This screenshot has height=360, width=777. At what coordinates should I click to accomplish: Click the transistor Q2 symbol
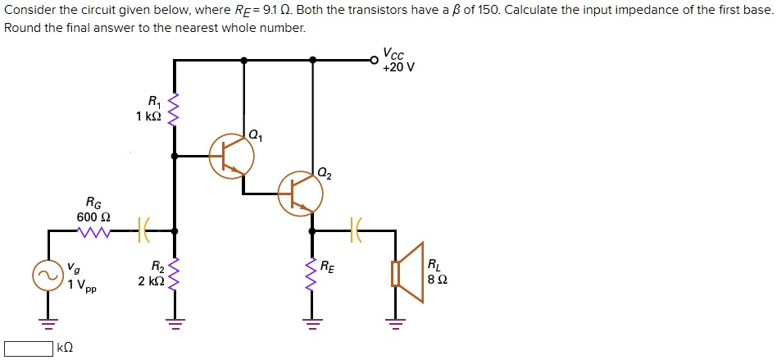point(300,194)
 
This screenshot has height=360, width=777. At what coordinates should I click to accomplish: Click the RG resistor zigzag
point(93,231)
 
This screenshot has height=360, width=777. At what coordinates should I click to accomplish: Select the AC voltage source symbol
point(47,274)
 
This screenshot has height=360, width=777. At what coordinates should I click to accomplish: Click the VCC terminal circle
point(375,59)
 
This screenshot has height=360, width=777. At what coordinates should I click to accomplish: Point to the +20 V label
point(398,67)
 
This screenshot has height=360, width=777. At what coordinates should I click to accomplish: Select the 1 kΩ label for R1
point(148,116)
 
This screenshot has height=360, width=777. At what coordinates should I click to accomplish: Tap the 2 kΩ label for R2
point(152,280)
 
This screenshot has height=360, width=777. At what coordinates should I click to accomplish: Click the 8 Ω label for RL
point(437,279)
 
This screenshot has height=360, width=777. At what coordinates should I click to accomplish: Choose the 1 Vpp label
point(82,285)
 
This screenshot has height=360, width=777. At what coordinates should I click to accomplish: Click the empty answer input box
point(29,349)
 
